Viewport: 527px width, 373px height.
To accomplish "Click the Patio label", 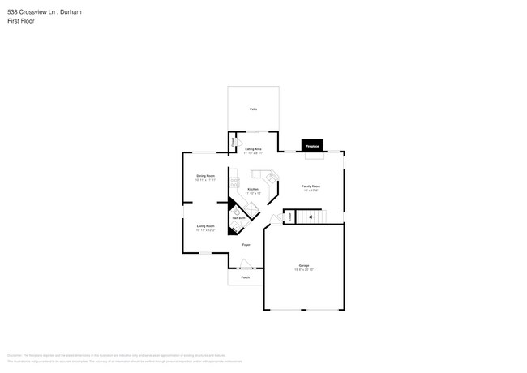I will pyautogui.click(x=253, y=109).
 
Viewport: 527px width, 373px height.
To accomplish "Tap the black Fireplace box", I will pyautogui.click(x=312, y=145).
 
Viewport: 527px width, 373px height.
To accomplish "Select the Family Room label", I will pyautogui.click(x=311, y=186).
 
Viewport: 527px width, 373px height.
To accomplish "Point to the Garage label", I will pyautogui.click(x=304, y=266).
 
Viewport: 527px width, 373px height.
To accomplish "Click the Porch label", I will pyautogui.click(x=245, y=277).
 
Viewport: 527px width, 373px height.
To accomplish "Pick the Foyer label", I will pyautogui.click(x=245, y=244).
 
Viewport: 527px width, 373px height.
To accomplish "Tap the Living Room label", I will pyautogui.click(x=205, y=226).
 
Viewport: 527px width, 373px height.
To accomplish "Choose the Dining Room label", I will pyautogui.click(x=205, y=176).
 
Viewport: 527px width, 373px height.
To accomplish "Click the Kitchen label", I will pyautogui.click(x=253, y=189).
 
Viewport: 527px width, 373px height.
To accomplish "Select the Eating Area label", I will pyautogui.click(x=253, y=149).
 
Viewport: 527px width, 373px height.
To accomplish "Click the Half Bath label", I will pyautogui.click(x=239, y=217).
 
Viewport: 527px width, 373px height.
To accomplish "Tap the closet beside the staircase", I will pyautogui.click(x=289, y=217).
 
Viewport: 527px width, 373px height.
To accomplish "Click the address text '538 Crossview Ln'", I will pyautogui.click(x=32, y=12).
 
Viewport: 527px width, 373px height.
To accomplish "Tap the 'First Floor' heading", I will pyautogui.click(x=21, y=21).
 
